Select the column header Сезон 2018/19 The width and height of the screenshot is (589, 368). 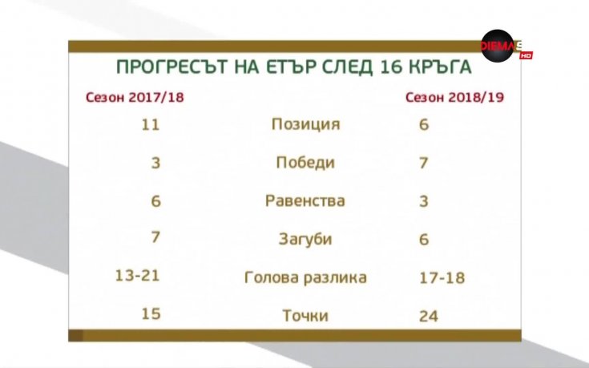point(459,98)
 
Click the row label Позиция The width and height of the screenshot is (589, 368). point(305,124)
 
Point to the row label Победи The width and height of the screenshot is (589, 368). point(305,163)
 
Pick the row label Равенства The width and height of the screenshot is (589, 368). point(305,200)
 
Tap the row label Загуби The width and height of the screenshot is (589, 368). point(305,239)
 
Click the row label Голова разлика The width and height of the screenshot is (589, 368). point(305,277)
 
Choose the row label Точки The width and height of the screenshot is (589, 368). point(305,315)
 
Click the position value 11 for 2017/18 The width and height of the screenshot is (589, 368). point(150,124)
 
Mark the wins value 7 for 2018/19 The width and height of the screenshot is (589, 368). point(424,163)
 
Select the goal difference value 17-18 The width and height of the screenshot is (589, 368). point(442,277)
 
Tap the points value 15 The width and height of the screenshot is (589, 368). point(151,313)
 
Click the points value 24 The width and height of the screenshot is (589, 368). point(429,315)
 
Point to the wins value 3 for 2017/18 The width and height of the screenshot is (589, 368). point(155,163)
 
